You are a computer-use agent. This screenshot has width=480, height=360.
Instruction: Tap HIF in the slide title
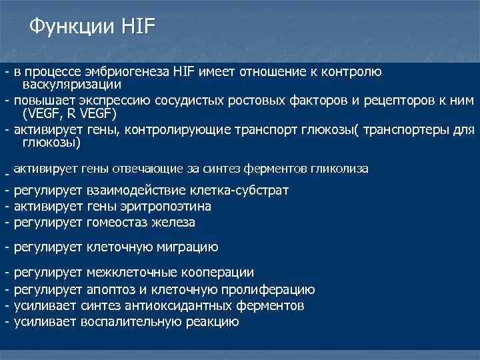[x=138, y=27]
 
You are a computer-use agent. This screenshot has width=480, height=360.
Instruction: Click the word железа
[x=172, y=222]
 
